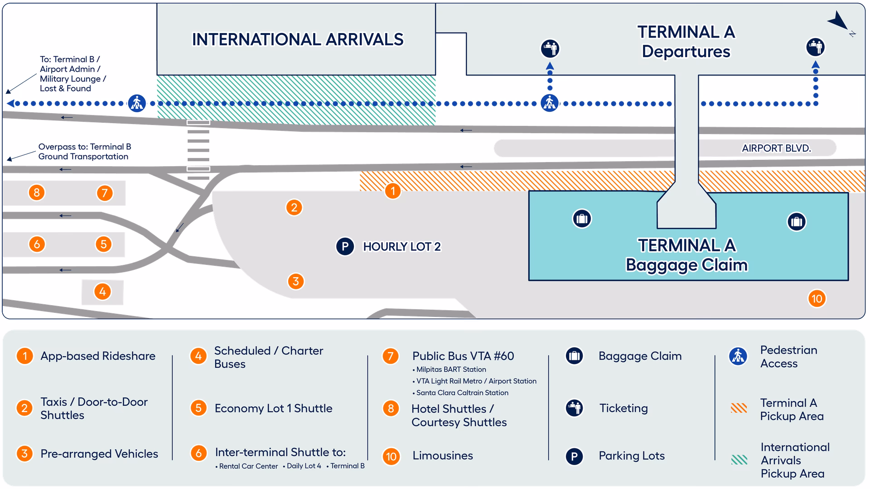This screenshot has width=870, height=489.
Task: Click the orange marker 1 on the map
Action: click(393, 191)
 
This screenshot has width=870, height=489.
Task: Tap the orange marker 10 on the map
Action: click(817, 299)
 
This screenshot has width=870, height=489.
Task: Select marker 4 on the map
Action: click(103, 292)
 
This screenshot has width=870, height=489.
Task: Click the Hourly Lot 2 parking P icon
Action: click(345, 246)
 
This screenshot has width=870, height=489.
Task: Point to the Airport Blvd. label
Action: click(776, 148)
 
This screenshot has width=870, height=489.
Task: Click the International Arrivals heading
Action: click(297, 39)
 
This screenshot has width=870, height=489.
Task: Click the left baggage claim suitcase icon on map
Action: click(582, 219)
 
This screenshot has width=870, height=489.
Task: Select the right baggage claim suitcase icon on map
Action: click(796, 222)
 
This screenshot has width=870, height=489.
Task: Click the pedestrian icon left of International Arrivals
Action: click(136, 103)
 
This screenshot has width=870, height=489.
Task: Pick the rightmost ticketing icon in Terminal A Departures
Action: click(815, 47)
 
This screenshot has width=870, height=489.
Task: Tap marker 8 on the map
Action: click(37, 192)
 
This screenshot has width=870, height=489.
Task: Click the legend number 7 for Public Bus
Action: click(391, 356)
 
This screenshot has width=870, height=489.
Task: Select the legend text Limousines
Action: click(442, 455)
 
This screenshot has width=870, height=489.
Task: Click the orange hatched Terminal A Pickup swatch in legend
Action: click(739, 408)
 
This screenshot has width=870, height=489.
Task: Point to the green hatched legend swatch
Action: click(739, 460)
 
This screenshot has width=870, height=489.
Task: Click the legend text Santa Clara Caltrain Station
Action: click(462, 393)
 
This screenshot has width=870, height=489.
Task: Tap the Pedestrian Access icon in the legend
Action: click(738, 356)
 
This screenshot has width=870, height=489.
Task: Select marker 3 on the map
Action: click(295, 281)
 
